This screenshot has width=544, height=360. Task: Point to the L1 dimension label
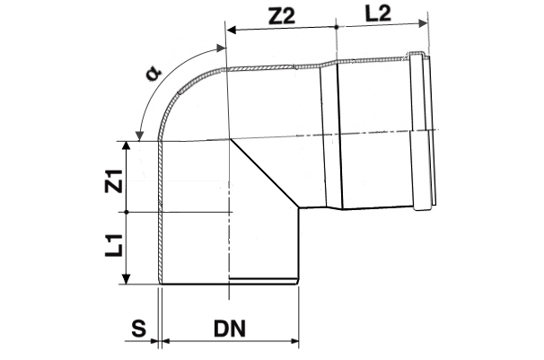click(112, 247)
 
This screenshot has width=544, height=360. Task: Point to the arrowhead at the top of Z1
click(131, 145)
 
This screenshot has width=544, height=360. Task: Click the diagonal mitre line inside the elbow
click(264, 174)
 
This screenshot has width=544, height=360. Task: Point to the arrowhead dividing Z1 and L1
click(131, 212)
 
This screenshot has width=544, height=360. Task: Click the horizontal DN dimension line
click(230, 341)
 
